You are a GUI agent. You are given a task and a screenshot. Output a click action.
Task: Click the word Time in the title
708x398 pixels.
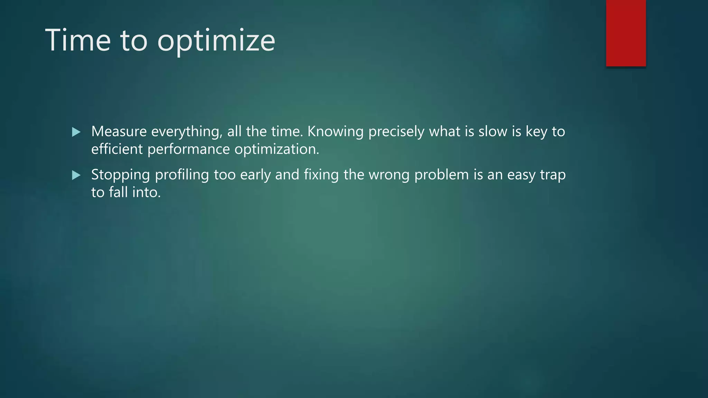coord(78,40)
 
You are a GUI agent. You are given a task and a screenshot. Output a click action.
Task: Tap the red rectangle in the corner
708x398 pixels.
coord(626,33)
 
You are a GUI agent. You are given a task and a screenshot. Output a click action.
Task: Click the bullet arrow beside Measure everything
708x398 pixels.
coord(76,132)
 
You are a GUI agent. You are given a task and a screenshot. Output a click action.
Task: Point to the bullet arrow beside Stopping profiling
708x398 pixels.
coord(76,175)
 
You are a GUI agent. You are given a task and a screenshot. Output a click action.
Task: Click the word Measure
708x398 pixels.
coord(119,132)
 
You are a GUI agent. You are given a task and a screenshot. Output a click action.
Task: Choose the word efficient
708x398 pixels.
coord(117,149)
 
